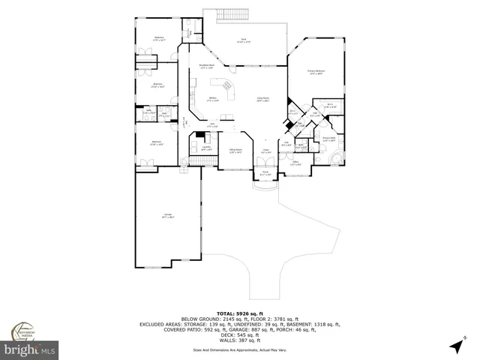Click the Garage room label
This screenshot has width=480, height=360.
click(168, 217)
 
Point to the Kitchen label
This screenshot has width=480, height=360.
click(212, 100)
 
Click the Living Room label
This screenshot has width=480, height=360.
click(264, 99)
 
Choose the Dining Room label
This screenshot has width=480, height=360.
click(235, 151)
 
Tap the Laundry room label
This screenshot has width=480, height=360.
click(205, 148)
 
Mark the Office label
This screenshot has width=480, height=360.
click(296, 163)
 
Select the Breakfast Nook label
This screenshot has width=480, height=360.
click(207, 67)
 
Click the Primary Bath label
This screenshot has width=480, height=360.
click(328, 139)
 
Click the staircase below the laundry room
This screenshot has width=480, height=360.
click(196, 162)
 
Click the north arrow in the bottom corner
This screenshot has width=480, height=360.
click(455, 346)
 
